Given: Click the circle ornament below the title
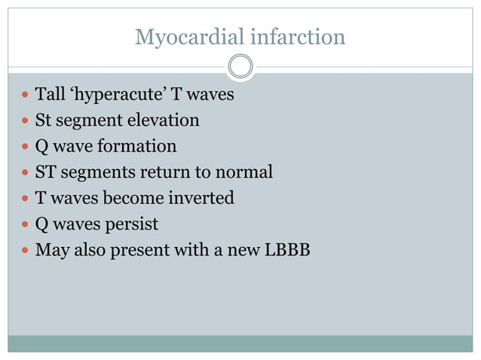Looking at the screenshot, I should pyautogui.click(x=240, y=66).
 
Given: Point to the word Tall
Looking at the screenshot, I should pyautogui.click(x=51, y=96).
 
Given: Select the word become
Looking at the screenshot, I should pyautogui.click(x=138, y=198).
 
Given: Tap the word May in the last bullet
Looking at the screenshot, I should pyautogui.click(x=51, y=251).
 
